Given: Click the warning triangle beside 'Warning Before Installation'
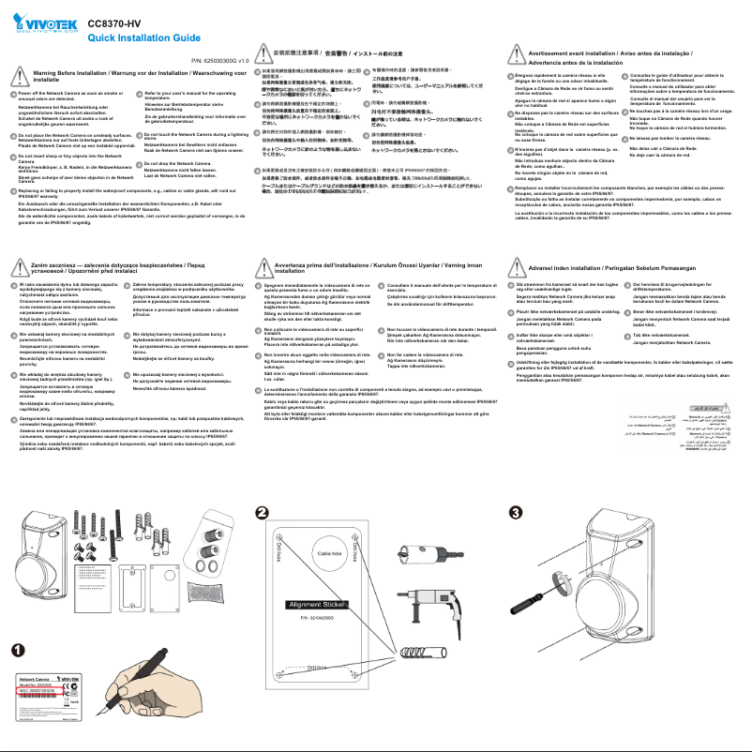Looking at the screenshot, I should coord(21,76).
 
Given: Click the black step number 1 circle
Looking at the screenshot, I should coord(19,624).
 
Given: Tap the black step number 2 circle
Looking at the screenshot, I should coord(263,511).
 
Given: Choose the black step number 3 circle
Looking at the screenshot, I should coord(515,511).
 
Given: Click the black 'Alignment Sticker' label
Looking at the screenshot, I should coord(318,605).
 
